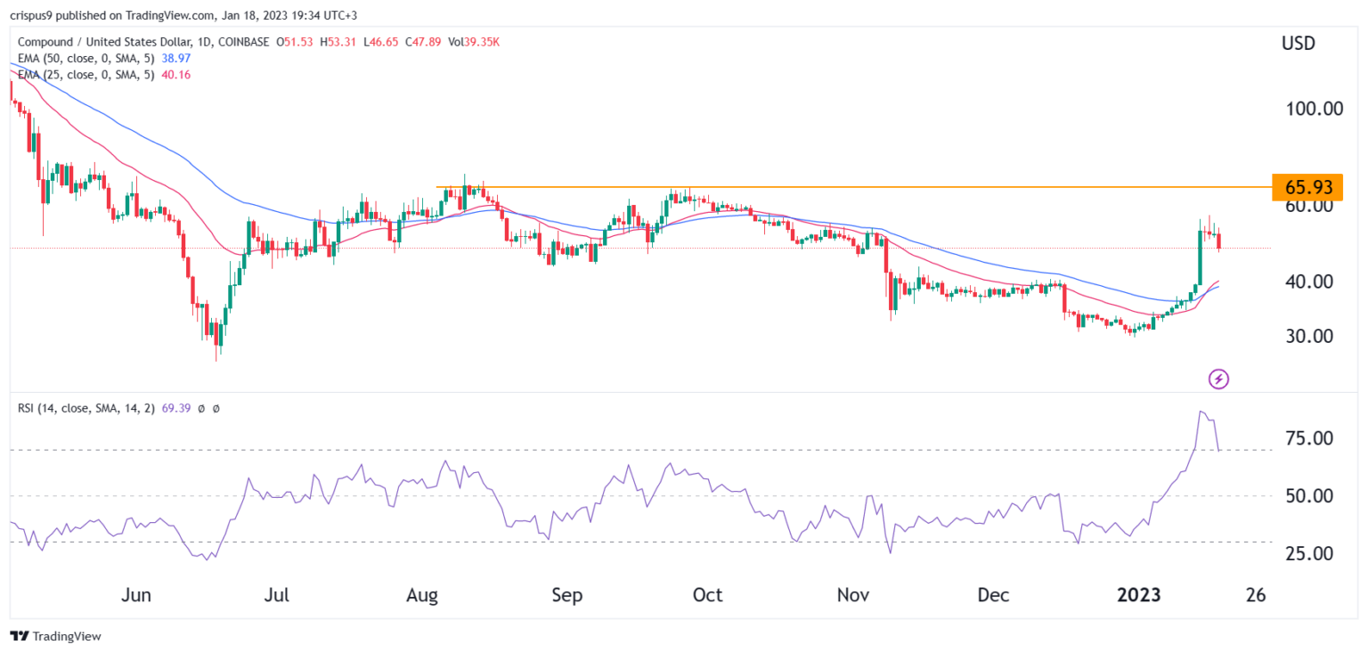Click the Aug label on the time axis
(424, 595)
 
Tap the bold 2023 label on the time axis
(1139, 595)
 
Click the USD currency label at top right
(1298, 44)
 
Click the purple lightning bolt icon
(1218, 379)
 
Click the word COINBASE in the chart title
(241, 41)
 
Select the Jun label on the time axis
(136, 595)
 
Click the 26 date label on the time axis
(1256, 595)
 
